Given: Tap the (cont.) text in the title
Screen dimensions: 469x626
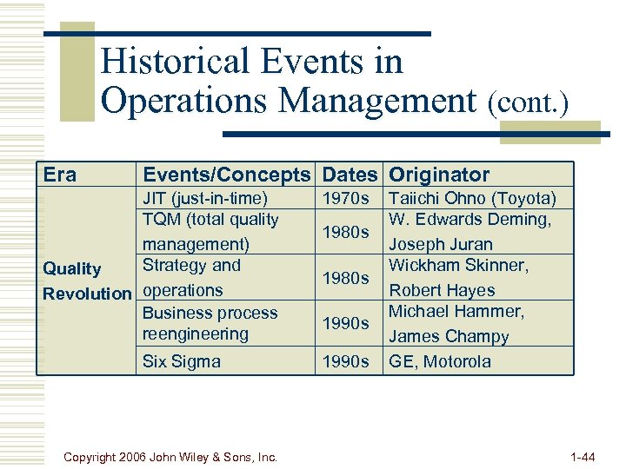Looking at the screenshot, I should [x=528, y=103].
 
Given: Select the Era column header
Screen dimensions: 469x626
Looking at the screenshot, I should [x=60, y=175].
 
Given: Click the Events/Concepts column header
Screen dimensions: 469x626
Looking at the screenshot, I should [x=226, y=175].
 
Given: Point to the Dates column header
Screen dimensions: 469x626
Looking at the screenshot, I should [x=350, y=175].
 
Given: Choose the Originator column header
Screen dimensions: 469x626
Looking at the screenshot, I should [x=439, y=175].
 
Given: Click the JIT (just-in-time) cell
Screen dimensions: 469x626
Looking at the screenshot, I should [x=205, y=198].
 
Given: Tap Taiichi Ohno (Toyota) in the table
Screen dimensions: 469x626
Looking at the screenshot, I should [x=472, y=198].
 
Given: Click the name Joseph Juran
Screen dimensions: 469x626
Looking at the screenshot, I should [x=440, y=245].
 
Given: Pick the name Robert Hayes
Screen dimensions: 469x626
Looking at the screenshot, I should [x=442, y=290].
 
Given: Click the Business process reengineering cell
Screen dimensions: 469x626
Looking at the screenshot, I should [x=210, y=323].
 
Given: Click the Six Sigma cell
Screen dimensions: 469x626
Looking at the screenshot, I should [x=182, y=361].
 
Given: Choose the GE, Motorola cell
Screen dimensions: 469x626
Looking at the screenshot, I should [x=440, y=361].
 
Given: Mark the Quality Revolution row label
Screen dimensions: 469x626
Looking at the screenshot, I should [x=86, y=281].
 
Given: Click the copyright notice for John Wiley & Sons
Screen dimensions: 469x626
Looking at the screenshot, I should [x=171, y=455].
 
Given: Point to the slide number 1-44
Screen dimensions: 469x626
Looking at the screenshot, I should [x=582, y=455].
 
